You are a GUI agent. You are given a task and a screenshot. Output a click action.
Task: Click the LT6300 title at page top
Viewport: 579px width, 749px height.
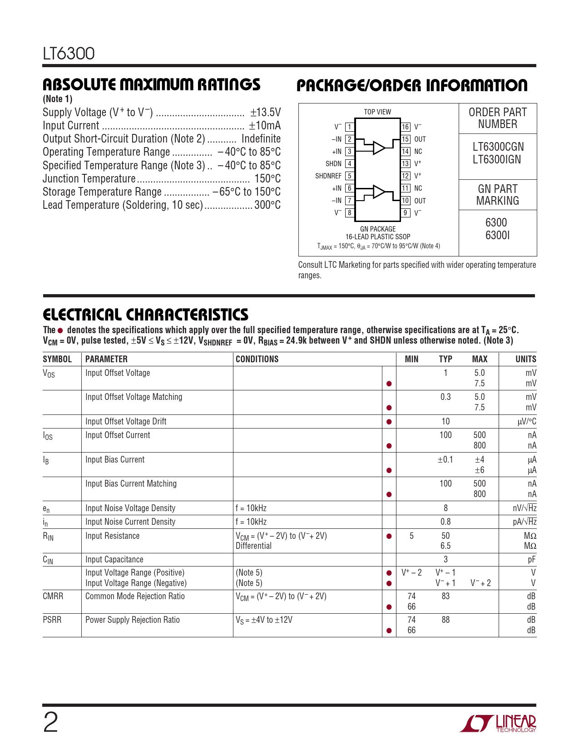tap(69, 54)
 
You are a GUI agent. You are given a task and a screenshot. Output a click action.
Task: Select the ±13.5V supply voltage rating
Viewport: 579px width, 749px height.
tap(265, 112)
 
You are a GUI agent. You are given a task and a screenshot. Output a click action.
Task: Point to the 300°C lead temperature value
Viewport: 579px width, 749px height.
tap(267, 205)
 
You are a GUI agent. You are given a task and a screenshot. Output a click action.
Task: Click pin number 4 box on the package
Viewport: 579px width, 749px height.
tap(349, 164)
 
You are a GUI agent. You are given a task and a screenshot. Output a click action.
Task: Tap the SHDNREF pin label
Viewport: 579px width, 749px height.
tap(328, 176)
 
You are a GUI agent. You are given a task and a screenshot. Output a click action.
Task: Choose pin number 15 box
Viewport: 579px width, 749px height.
tap(406, 139)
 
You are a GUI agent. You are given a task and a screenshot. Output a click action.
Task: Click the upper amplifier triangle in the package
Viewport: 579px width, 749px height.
tap(379, 148)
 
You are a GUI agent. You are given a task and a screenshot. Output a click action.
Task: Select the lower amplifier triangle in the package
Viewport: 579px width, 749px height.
tap(379, 192)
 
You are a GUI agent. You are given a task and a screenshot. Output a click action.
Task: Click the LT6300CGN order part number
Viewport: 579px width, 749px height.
tap(498, 147)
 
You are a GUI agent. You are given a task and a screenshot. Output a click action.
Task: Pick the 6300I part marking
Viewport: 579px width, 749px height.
tap(497, 235)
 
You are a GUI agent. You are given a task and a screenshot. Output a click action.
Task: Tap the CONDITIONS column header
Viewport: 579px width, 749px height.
tap(257, 359)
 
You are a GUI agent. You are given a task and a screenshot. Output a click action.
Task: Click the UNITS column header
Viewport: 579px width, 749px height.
tap(525, 359)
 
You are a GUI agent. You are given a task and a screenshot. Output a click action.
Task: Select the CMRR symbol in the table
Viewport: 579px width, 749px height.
tap(53, 596)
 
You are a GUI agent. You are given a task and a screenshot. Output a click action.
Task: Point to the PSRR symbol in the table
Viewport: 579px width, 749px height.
tap(52, 620)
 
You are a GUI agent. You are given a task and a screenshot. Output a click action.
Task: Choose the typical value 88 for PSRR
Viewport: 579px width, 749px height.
tap(445, 620)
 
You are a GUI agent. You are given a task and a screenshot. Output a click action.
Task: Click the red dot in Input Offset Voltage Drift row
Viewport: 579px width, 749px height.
tap(389, 422)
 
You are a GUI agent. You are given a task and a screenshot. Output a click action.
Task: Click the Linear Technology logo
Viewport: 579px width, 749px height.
tap(498, 724)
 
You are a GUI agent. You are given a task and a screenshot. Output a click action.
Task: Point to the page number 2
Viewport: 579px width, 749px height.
tap(50, 723)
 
